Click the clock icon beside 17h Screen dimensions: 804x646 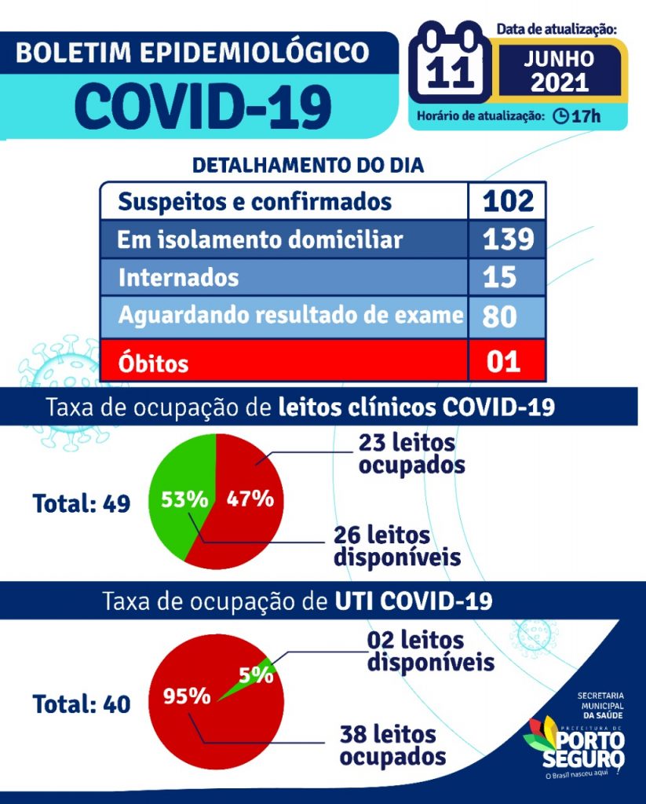[x=560, y=117]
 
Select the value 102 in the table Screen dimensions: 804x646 [x=508, y=201]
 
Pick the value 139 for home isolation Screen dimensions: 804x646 [x=508, y=240]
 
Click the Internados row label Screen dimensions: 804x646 [x=178, y=278]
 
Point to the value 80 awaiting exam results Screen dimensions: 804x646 [x=499, y=316]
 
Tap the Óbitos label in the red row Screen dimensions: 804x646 [x=153, y=364]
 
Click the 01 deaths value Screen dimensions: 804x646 [x=502, y=362]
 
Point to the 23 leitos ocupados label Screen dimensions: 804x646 [x=411, y=453]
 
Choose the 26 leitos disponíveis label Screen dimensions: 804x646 [x=396, y=546]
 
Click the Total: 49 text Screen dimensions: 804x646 [x=81, y=502]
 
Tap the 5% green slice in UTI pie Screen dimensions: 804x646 [x=258, y=673]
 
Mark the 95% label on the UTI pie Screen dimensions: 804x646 [x=187, y=696]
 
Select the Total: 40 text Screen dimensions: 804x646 [x=81, y=703]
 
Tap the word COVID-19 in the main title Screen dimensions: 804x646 [x=207, y=105]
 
